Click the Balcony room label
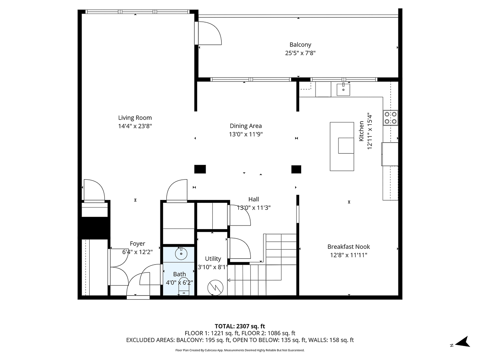pyautogui.click(x=300, y=45)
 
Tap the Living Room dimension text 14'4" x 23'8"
pyautogui.click(x=135, y=126)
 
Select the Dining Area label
pyautogui.click(x=246, y=126)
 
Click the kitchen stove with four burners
pyautogui.click(x=390, y=118)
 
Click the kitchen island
pyautogui.click(x=342, y=146)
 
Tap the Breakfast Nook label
pyautogui.click(x=348, y=247)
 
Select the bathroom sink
pyautogui.click(x=181, y=253)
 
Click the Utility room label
pyautogui.click(x=213, y=259)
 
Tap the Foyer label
pyautogui.click(x=137, y=244)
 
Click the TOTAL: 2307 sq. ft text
pyautogui.click(x=240, y=326)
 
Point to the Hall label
pyautogui.click(x=253, y=199)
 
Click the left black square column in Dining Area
pyautogui.click(x=200, y=169)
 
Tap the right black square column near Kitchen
pyautogui.click(x=296, y=169)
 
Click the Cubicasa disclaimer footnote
pyautogui.click(x=240, y=350)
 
